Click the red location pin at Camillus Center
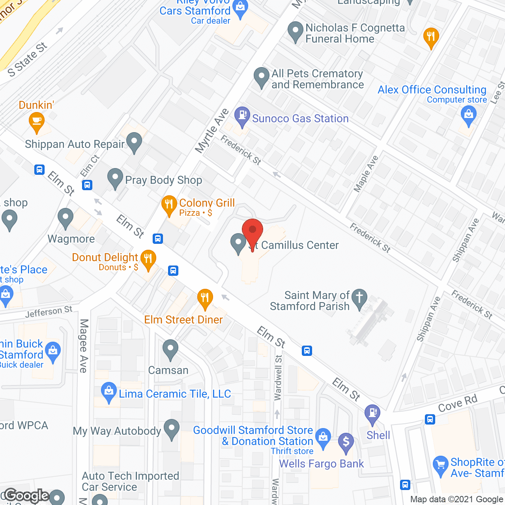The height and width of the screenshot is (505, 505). [252, 231]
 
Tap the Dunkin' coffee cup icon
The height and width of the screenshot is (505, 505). [37, 122]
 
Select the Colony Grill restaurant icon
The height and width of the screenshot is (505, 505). [169, 205]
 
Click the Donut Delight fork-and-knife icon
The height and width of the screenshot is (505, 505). [148, 260]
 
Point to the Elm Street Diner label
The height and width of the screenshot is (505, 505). [183, 320]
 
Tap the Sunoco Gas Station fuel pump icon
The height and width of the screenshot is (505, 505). [242, 116]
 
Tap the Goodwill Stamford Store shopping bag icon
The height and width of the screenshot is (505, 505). [324, 438]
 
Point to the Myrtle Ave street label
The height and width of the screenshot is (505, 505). [212, 131]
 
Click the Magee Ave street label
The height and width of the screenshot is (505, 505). [84, 346]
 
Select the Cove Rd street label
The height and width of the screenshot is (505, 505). [458, 403]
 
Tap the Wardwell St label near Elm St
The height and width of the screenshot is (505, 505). [278, 378]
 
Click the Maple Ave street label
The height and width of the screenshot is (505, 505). [366, 174]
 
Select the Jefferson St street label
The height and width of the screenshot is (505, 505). [49, 312]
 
